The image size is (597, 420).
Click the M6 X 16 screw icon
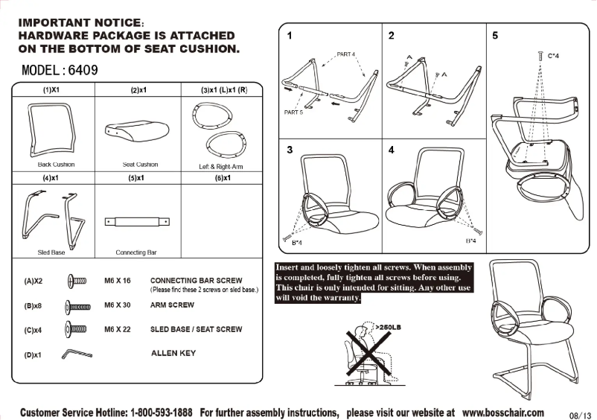pyautogui.click(x=77, y=281)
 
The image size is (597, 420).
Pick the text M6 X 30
pyautogui.click(x=118, y=305)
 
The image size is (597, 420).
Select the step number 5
pyautogui.click(x=496, y=36)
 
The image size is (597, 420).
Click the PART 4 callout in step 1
pyautogui.click(x=346, y=54)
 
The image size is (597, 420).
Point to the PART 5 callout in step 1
pyautogui.click(x=293, y=112)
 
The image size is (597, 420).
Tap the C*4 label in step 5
pyautogui.click(x=554, y=55)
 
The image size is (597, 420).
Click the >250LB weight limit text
pyautogui.click(x=389, y=326)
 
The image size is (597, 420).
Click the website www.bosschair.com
pyautogui.click(x=502, y=412)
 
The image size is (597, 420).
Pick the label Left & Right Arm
pyautogui.click(x=222, y=167)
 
